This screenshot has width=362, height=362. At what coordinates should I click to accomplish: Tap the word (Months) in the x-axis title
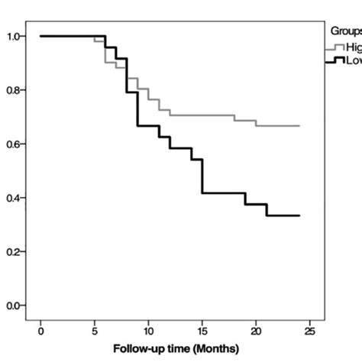(x=217, y=348)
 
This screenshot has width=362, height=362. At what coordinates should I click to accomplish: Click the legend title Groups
(x=345, y=31)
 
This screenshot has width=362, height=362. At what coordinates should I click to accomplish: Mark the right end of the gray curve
(x=299, y=125)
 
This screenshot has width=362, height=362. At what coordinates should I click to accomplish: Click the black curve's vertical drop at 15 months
(x=202, y=176)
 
